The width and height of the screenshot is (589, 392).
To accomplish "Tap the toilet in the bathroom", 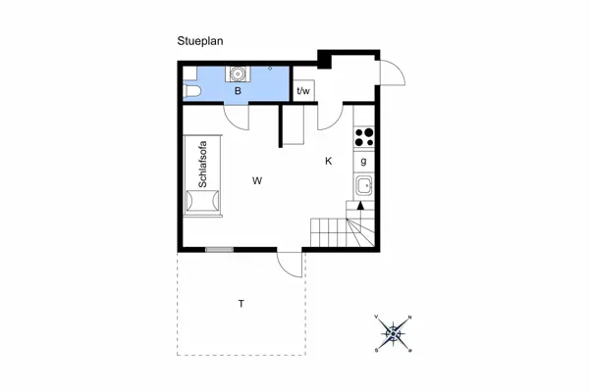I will (x=191, y=92).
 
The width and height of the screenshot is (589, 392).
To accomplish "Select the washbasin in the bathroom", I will (x=238, y=73).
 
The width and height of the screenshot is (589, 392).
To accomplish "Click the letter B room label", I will (x=238, y=91).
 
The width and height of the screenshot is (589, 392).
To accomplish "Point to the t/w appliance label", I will (x=303, y=91).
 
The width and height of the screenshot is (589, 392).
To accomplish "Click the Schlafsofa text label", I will (x=203, y=168).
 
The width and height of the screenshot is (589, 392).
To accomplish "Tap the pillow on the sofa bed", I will (x=203, y=202).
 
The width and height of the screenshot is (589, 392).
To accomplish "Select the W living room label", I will (x=257, y=180).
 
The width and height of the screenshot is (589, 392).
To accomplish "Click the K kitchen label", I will (x=329, y=161).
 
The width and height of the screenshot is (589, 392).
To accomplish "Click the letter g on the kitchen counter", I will (x=364, y=162).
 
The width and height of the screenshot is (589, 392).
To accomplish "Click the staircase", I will (x=339, y=232).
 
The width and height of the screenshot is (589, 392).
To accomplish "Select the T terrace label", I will (x=241, y=304).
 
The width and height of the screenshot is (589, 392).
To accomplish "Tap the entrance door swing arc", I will (x=393, y=73).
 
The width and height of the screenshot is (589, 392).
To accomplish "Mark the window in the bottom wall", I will (x=219, y=249).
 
